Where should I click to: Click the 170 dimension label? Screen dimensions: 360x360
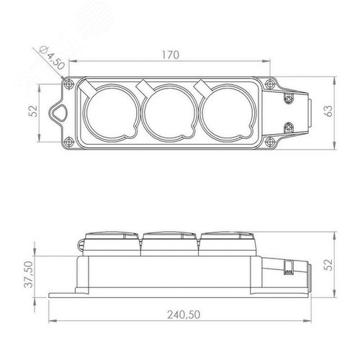point(171,55)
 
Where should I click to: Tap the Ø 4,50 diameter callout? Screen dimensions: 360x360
point(53,58)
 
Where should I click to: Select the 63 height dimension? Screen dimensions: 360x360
point(329,111)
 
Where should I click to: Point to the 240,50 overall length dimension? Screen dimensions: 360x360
point(184,315)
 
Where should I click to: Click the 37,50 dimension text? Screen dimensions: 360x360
point(30,274)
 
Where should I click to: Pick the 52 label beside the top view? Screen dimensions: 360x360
point(34,111)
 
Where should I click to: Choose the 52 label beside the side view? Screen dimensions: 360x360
point(329,265)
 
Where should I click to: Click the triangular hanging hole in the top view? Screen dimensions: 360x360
point(58,112)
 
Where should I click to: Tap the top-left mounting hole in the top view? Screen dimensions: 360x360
point(69,84)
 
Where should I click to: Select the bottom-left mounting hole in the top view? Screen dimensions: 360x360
point(69,141)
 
